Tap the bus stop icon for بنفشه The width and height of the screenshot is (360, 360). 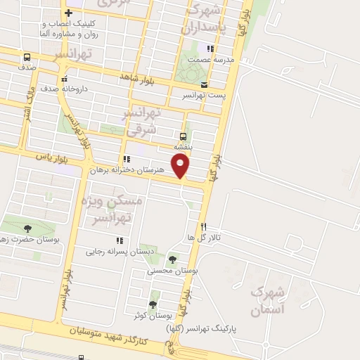183,136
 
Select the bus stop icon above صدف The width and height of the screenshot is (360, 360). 27,58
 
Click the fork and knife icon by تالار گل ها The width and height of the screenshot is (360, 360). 204,226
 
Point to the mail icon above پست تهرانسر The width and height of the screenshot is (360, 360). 204,84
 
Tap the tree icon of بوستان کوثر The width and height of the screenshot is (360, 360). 154,294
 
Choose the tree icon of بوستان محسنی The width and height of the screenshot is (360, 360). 173,260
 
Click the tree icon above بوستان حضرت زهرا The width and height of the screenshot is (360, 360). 27,229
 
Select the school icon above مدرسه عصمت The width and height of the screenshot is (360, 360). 210,49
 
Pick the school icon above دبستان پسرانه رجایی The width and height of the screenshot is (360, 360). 120,241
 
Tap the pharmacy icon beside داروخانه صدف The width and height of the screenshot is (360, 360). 65,79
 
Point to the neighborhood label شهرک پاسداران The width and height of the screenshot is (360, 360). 203,20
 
